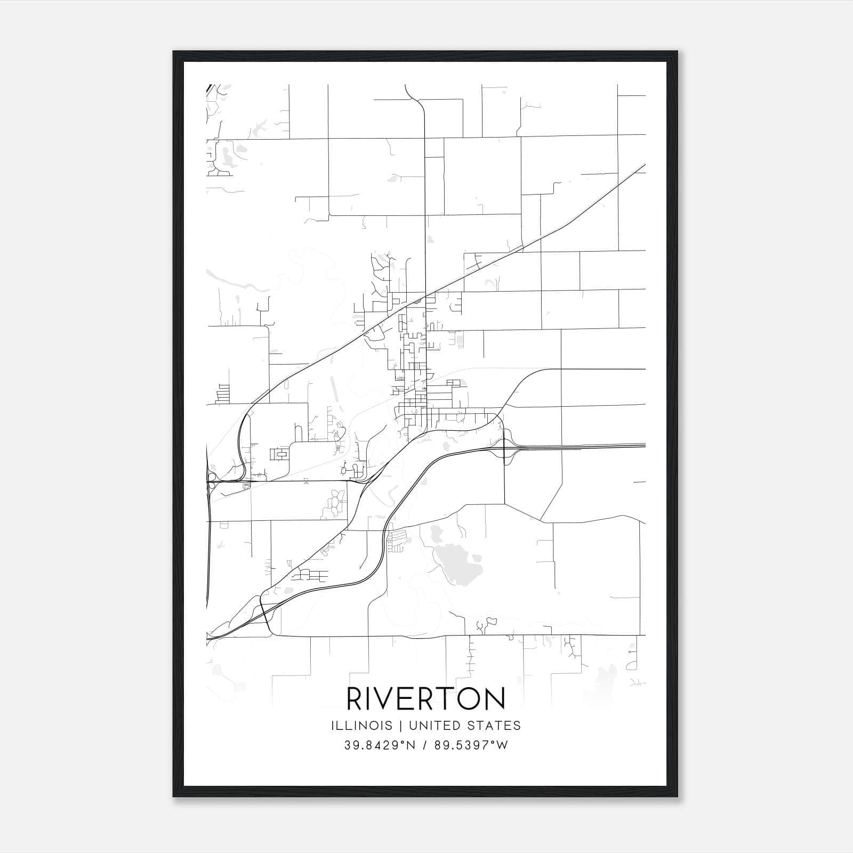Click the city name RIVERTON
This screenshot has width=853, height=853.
(x=426, y=699)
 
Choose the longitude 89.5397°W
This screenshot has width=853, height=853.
(x=470, y=745)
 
